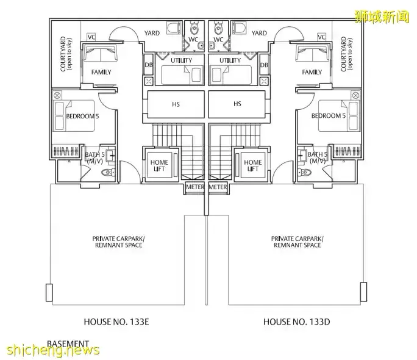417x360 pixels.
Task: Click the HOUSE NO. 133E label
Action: point(116,321)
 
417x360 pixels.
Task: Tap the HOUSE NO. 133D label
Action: point(296,321)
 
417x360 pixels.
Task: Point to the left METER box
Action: point(194,187)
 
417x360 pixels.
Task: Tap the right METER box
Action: point(218,187)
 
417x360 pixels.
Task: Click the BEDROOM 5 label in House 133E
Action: point(82,116)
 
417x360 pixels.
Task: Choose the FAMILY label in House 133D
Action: point(312,72)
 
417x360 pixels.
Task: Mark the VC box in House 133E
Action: point(91,37)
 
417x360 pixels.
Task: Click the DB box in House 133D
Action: point(264,65)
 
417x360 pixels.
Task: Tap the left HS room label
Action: point(176,104)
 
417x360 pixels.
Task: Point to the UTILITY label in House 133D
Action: point(230,60)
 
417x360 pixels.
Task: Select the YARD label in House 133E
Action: point(152,33)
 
